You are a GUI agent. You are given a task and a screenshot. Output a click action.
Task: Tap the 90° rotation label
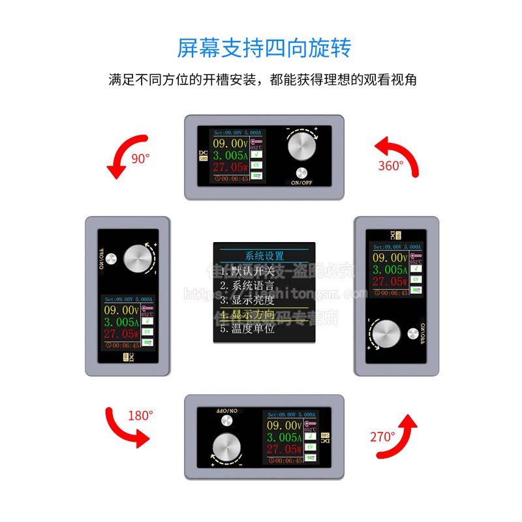(x=140, y=158)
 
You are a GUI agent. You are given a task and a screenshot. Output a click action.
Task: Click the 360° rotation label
(x=391, y=166)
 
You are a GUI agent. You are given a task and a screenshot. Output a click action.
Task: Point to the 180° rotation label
(x=140, y=414)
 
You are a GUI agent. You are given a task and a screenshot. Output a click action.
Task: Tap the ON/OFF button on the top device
(x=301, y=174)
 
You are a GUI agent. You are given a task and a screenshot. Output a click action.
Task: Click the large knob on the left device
(x=138, y=260)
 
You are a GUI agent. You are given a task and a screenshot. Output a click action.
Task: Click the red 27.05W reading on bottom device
(x=282, y=449)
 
